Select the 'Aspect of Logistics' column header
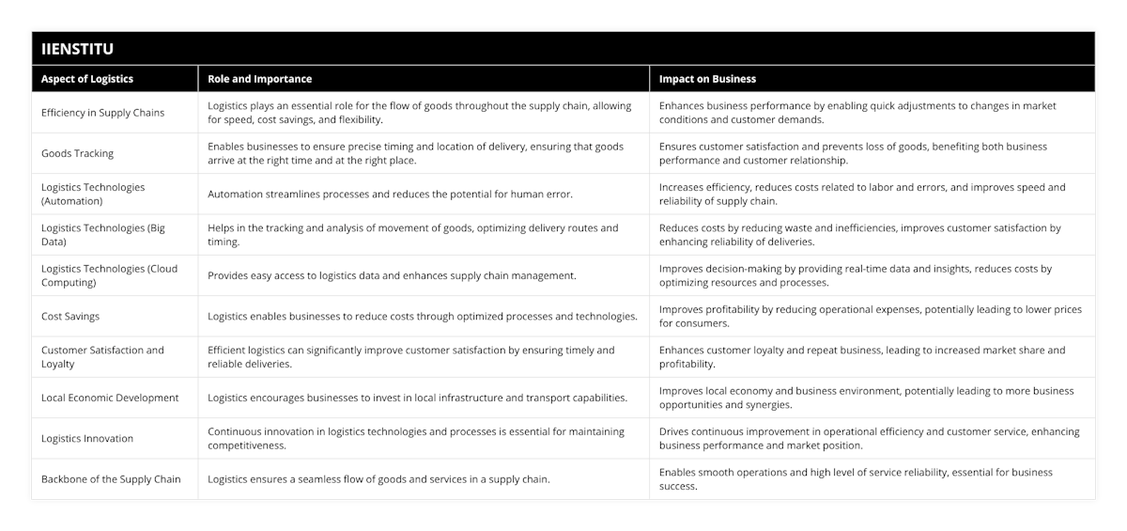[x=87, y=79]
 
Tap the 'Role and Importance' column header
[x=259, y=79]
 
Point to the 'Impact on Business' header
[x=707, y=79]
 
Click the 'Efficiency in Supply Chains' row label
[x=102, y=113]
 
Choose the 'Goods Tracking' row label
[x=77, y=153]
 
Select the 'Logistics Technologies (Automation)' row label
[x=93, y=194]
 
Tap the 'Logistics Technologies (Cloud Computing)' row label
[x=109, y=274]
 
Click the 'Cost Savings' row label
[x=70, y=317]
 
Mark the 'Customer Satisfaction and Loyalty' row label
[x=102, y=356]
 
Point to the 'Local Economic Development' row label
[x=110, y=398]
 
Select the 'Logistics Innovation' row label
[x=87, y=438]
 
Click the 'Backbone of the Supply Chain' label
[x=111, y=479]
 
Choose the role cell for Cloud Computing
[x=392, y=275]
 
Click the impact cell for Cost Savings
[x=870, y=316]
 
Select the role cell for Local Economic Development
[x=417, y=398]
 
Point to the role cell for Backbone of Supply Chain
[x=378, y=479]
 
